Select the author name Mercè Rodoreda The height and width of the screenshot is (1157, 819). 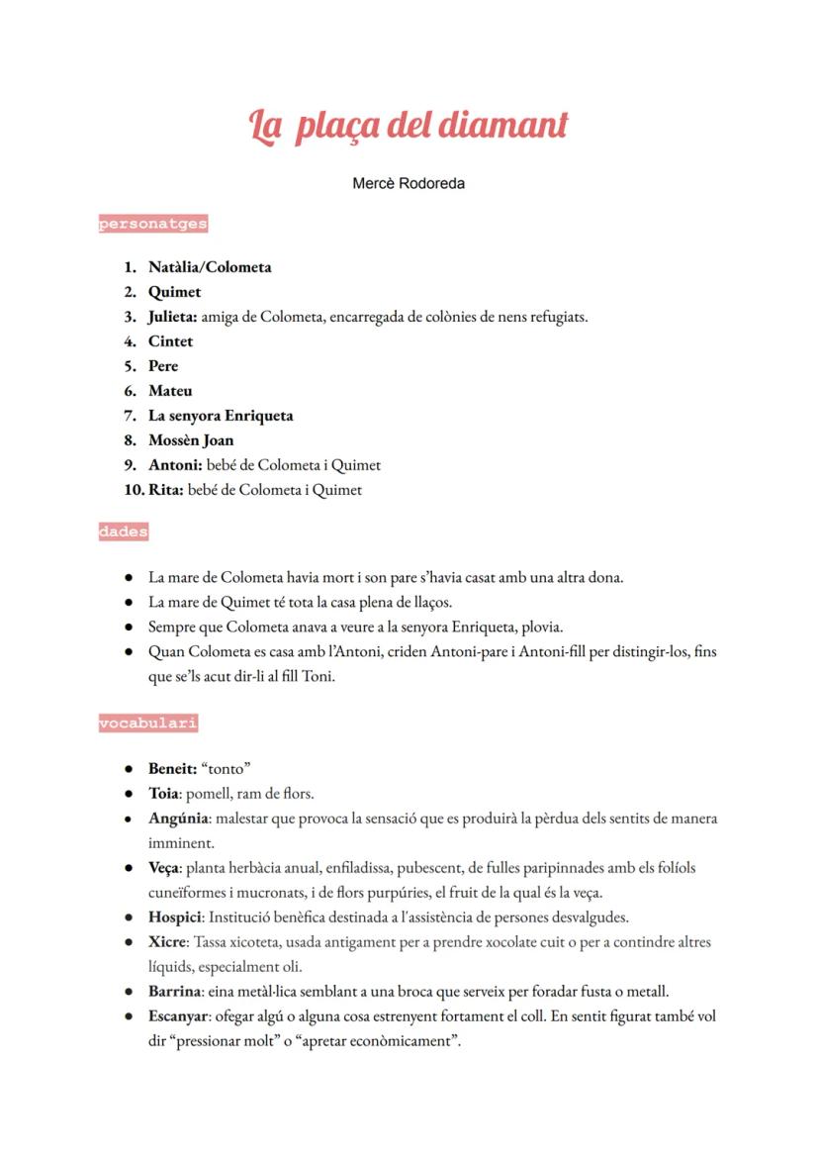point(409,183)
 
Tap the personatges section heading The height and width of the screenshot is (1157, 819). point(152,224)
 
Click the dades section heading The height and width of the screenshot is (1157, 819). point(124,531)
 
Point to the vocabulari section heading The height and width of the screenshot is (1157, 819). point(147,723)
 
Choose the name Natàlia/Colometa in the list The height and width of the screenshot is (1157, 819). point(210,267)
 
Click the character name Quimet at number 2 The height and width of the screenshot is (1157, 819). point(174,292)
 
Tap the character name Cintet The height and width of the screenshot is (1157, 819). point(170,341)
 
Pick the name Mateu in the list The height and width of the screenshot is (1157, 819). point(170,391)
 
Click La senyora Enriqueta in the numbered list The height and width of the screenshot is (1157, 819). point(221,416)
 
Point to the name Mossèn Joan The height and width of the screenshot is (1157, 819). point(191,440)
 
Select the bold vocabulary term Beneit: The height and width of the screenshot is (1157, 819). point(172,768)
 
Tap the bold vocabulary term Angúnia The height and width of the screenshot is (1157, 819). point(178,819)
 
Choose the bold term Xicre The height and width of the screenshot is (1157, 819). point(167,942)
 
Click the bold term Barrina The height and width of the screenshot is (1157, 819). point(176,992)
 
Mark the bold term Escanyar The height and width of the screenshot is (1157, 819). point(178,1016)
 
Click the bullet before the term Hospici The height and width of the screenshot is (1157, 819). point(129,917)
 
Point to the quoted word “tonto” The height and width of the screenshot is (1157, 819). point(227,768)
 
